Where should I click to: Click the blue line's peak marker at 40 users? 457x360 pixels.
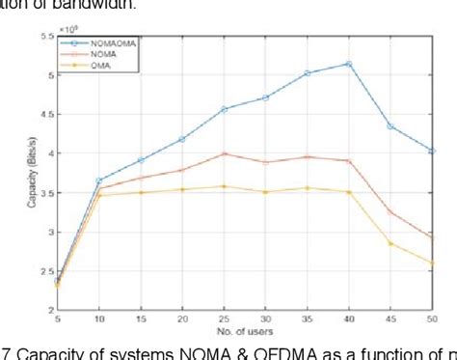pos(348,64)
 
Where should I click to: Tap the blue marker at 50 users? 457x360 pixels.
pos(432,151)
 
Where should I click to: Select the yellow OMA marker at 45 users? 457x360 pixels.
pos(390,243)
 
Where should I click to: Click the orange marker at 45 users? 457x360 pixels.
pos(390,210)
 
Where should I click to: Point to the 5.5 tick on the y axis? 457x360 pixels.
pos(44,36)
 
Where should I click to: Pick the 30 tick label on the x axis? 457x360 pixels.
pos(264,319)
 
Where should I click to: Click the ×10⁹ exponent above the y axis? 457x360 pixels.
pos(67,28)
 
